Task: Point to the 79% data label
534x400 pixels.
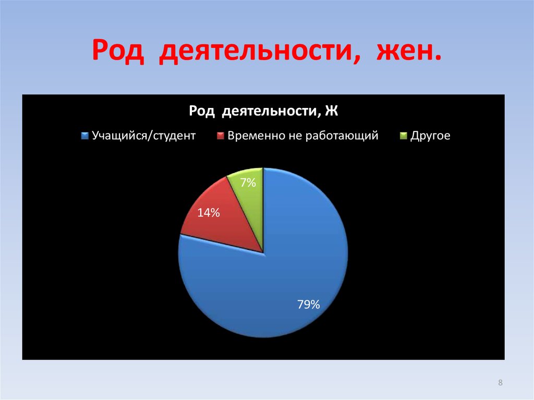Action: click(x=308, y=305)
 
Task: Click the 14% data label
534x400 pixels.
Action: click(x=208, y=213)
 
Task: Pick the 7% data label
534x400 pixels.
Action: click(x=248, y=183)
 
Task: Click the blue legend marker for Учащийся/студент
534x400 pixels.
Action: click(x=85, y=136)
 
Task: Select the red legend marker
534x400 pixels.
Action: click(x=220, y=136)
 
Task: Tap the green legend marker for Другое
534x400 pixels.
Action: click(x=403, y=136)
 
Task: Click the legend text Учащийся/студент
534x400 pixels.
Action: click(x=144, y=136)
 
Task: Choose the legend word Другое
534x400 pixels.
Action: click(x=430, y=136)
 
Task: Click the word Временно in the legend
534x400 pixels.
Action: click(x=254, y=136)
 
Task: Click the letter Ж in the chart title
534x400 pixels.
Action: click(x=332, y=111)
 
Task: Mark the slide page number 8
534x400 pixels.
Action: click(x=501, y=383)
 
